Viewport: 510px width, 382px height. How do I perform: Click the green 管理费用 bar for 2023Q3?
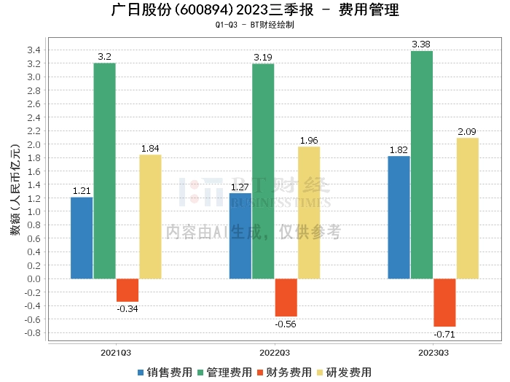(422, 165)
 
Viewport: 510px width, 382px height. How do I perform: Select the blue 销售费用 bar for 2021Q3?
(82, 238)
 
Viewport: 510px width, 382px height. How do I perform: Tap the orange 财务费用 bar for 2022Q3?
(286, 297)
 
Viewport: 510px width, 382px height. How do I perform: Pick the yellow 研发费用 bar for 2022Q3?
(309, 213)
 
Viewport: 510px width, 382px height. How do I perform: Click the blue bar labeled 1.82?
(399, 217)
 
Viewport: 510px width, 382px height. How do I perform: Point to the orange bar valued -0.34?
(127, 290)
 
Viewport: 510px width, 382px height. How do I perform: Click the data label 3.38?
(421, 44)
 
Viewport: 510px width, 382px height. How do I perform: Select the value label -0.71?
(444, 334)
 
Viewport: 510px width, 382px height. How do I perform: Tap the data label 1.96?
(309, 140)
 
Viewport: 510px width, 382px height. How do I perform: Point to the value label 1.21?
(82, 191)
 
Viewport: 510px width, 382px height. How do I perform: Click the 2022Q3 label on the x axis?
(275, 353)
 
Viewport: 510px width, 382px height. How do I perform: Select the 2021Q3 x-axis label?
(116, 353)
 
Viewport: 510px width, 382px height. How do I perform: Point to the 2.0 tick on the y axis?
(34, 144)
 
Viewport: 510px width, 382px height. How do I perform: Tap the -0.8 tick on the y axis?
(33, 333)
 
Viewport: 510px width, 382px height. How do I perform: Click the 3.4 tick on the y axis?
(34, 50)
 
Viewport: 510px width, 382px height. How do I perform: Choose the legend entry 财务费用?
(284, 373)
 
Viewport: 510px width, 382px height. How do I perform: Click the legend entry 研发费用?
(344, 373)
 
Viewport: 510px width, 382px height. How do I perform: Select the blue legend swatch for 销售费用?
(141, 373)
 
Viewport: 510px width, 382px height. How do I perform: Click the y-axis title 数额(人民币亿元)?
(15, 190)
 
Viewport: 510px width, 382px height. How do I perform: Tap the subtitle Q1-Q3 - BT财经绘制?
(255, 25)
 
